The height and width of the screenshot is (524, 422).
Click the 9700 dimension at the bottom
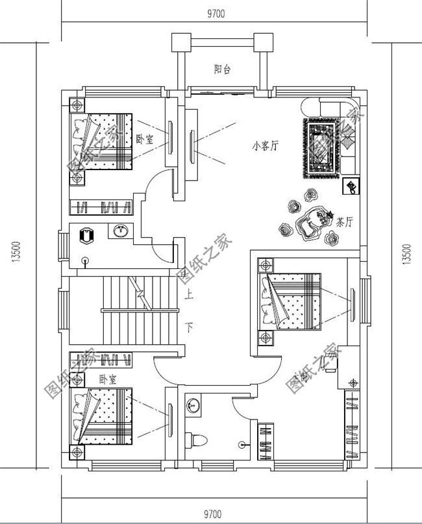pyautogui.click(x=217, y=514)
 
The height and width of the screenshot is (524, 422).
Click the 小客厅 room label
pyautogui.click(x=265, y=146)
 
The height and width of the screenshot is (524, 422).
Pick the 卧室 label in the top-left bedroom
pyautogui.click(x=144, y=139)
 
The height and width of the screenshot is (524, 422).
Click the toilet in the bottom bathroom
pyautogui.click(x=193, y=439)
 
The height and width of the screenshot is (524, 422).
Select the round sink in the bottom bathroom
pyautogui.click(x=193, y=405)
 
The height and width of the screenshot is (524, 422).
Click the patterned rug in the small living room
pyautogui.click(x=322, y=149)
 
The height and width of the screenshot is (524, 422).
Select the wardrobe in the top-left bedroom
pyautogui.click(x=102, y=207)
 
